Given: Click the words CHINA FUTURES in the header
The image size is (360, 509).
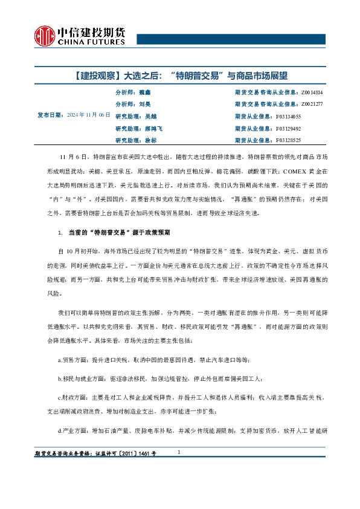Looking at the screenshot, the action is click(91, 43).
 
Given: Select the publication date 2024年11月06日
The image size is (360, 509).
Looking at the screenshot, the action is click(89, 114).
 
